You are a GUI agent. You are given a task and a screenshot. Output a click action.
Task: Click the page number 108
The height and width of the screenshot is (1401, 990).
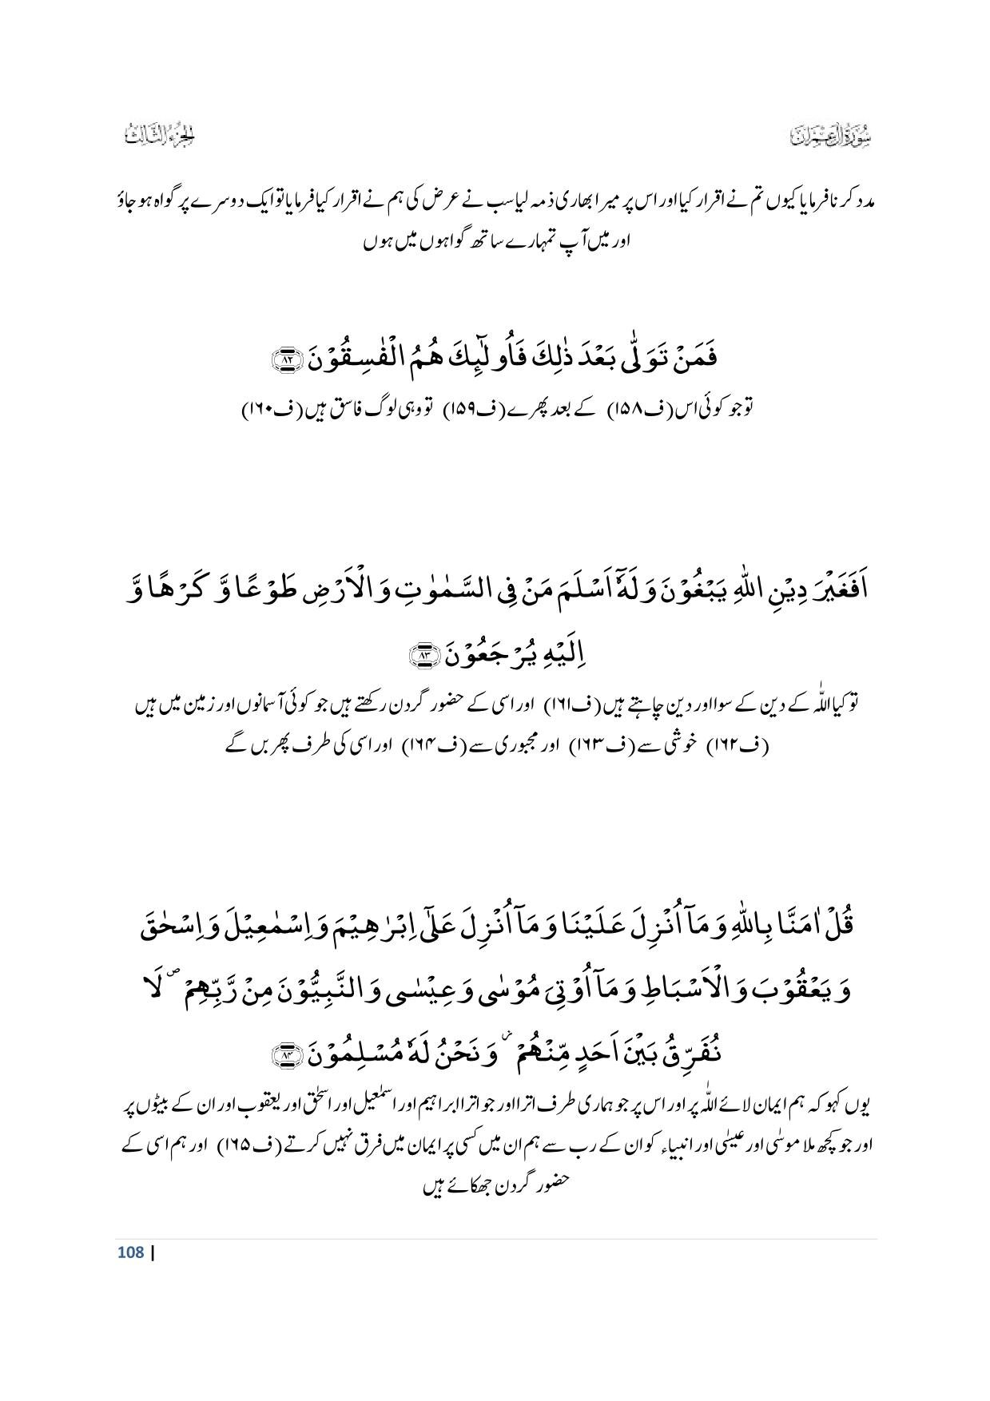[130, 1252]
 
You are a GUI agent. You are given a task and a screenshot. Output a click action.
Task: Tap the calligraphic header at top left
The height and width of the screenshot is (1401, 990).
[160, 137]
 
